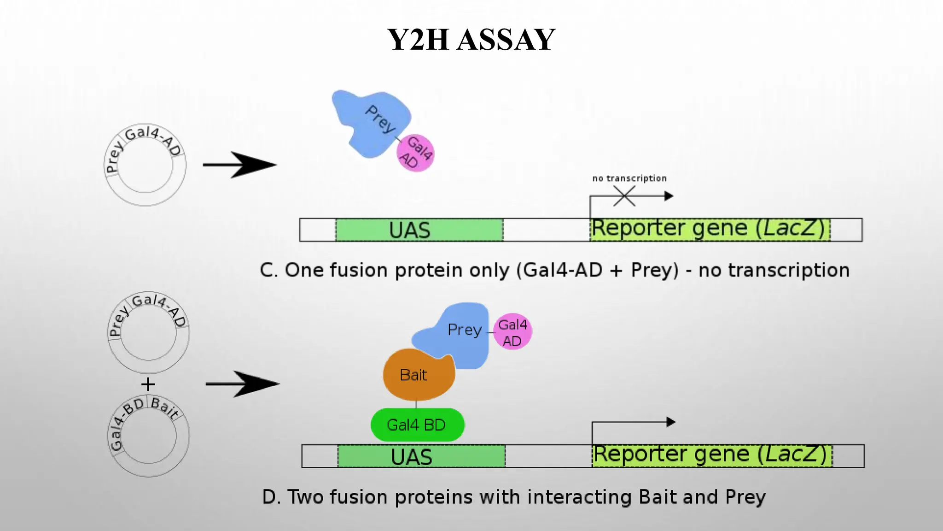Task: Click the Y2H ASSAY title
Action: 471,40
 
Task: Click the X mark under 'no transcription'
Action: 624,196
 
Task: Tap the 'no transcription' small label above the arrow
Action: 629,178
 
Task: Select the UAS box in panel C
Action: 419,230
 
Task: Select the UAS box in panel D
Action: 421,456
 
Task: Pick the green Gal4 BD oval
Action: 417,425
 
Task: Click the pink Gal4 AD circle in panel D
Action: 512,332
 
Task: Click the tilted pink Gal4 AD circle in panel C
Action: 415,153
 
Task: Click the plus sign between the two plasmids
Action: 148,384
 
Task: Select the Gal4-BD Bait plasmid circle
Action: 148,436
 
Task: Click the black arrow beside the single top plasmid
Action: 239,165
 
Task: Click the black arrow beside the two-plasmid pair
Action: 242,383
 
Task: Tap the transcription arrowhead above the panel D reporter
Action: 671,422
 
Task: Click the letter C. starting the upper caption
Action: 268,271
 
